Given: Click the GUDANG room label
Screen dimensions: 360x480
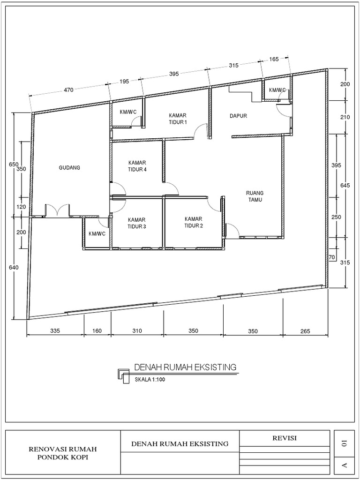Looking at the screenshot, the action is [x=69, y=168].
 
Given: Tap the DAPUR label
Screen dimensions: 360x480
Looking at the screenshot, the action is [x=238, y=116].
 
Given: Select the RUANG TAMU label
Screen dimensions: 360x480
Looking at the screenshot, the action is [x=255, y=196].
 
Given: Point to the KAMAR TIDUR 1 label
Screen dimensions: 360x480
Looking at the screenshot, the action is [x=178, y=119].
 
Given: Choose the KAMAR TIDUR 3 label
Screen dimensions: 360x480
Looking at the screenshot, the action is [x=137, y=223].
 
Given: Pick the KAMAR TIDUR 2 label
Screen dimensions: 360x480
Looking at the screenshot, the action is [x=194, y=223].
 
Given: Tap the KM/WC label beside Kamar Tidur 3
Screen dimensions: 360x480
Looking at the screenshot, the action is [x=97, y=234].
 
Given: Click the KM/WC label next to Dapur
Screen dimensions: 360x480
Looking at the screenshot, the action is [x=277, y=90].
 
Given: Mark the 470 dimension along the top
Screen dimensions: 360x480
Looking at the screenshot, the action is [x=68, y=90].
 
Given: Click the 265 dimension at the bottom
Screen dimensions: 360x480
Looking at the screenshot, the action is [x=305, y=331].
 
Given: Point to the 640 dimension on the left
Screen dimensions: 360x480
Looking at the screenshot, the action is [x=14, y=268].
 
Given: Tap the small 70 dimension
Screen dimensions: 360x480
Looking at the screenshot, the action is [x=331, y=257].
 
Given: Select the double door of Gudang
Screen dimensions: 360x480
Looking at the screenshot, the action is [x=57, y=210].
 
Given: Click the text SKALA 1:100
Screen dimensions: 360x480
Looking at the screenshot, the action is [x=150, y=380].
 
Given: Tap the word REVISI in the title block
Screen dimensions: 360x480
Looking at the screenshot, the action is [x=285, y=438].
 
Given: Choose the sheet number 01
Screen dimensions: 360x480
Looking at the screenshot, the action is [x=344, y=442].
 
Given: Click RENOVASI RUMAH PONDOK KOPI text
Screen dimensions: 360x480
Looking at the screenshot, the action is [x=63, y=453].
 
